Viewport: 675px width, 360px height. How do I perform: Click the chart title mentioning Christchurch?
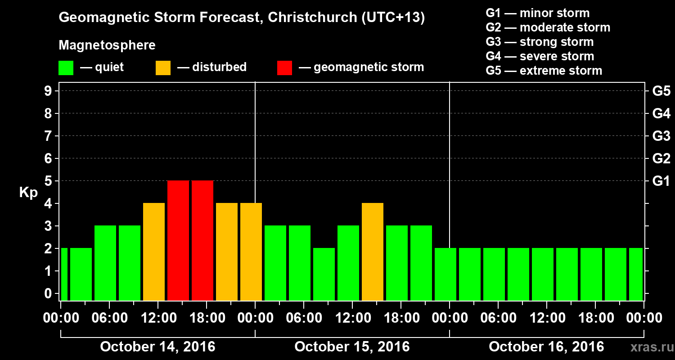pos(242,18)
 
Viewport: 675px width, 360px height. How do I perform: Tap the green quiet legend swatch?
pos(66,67)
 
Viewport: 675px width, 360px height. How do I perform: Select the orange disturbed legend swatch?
pos(163,67)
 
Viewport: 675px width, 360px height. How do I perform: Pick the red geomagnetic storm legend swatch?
pos(284,67)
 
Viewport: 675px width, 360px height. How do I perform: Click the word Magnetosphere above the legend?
pos(107,45)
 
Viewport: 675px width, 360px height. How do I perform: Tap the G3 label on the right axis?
pos(661,136)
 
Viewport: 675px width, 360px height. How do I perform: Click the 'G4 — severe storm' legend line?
pos(540,56)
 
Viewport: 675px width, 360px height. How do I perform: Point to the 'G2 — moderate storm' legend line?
pos(548,27)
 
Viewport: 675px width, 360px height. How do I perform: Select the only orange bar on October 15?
pos(373,252)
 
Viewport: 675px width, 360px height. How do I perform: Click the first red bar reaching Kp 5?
pos(178,240)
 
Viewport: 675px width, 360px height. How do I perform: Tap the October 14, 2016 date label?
pos(157,347)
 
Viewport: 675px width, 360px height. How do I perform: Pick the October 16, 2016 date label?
pos(546,347)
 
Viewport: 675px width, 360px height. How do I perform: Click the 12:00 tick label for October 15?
pos(352,318)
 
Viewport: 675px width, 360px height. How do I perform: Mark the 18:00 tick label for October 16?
pos(595,318)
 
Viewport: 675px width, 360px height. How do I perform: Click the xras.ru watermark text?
pos(648,347)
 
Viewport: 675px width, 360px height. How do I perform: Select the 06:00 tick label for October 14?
pos(109,318)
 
